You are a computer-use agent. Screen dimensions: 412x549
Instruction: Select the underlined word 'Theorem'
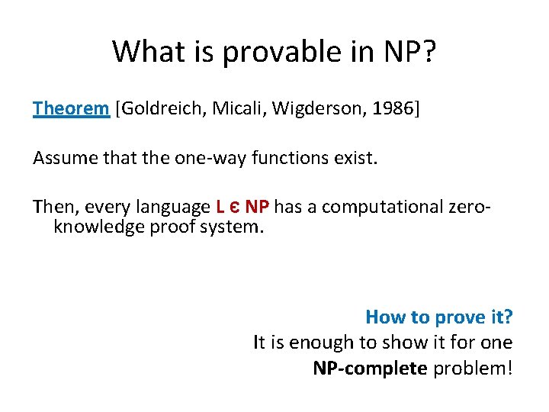[x=71, y=108]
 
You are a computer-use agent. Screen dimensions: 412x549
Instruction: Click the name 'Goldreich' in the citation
[x=157, y=108]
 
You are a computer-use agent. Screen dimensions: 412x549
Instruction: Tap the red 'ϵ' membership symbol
[x=234, y=208]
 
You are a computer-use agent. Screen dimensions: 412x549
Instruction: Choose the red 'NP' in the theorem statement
[x=257, y=207]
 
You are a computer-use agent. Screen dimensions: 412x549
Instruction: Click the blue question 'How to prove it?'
[x=438, y=317]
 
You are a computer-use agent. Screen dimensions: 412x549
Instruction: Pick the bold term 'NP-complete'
[x=370, y=369]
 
